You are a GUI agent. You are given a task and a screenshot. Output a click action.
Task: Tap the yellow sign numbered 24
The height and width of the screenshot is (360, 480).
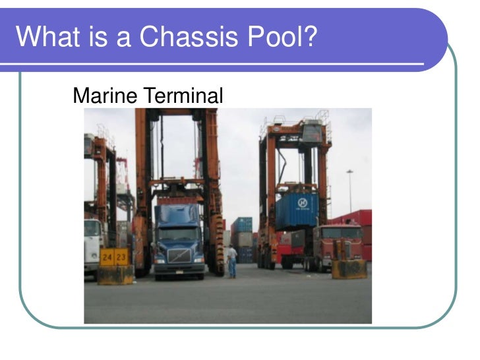[107, 256]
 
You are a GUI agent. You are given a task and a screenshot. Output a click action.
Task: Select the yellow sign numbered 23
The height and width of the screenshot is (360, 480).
[122, 256]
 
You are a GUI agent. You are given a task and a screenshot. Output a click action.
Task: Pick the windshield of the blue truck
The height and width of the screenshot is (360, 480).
[177, 233]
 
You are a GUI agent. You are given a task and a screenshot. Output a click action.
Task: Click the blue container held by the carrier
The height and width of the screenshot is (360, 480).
[296, 210]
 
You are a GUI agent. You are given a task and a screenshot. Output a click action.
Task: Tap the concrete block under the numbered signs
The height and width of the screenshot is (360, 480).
[115, 274]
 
